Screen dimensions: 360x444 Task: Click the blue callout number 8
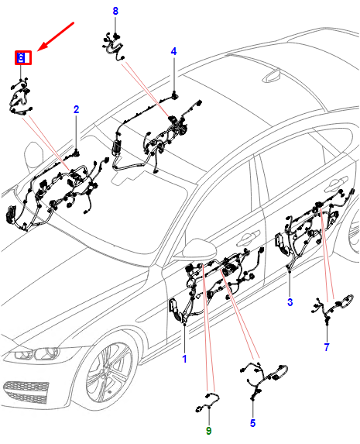coord(115,11)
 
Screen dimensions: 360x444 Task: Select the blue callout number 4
coord(173,51)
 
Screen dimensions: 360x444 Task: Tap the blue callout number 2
coord(76,109)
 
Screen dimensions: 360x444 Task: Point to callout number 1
coord(184,359)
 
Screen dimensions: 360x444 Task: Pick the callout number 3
coord(290,302)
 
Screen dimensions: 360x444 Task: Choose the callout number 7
coord(327,347)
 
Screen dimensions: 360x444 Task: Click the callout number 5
coord(252,423)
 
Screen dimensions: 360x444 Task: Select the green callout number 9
coord(208,431)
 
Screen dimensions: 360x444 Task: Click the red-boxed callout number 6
coord(21,58)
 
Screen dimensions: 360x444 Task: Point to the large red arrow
coord(56,36)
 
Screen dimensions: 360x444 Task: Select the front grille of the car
coord(26,391)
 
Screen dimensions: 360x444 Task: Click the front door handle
coord(248,237)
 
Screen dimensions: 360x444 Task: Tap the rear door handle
coord(336,184)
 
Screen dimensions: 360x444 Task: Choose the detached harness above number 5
coord(264,379)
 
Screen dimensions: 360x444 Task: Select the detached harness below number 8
coord(112,46)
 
